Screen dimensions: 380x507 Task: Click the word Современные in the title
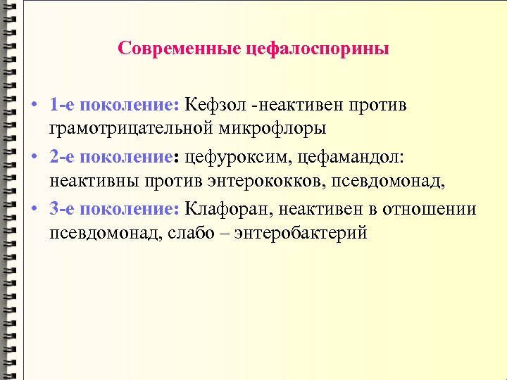[x=180, y=49]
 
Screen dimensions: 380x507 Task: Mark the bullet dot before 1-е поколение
[x=34, y=106]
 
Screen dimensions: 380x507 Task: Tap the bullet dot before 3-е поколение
[x=34, y=210]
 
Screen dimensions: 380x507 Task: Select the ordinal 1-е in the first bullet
[x=62, y=106]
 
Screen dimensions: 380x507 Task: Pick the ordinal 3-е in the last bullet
[x=62, y=210]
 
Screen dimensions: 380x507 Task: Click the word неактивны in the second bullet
[x=96, y=182]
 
